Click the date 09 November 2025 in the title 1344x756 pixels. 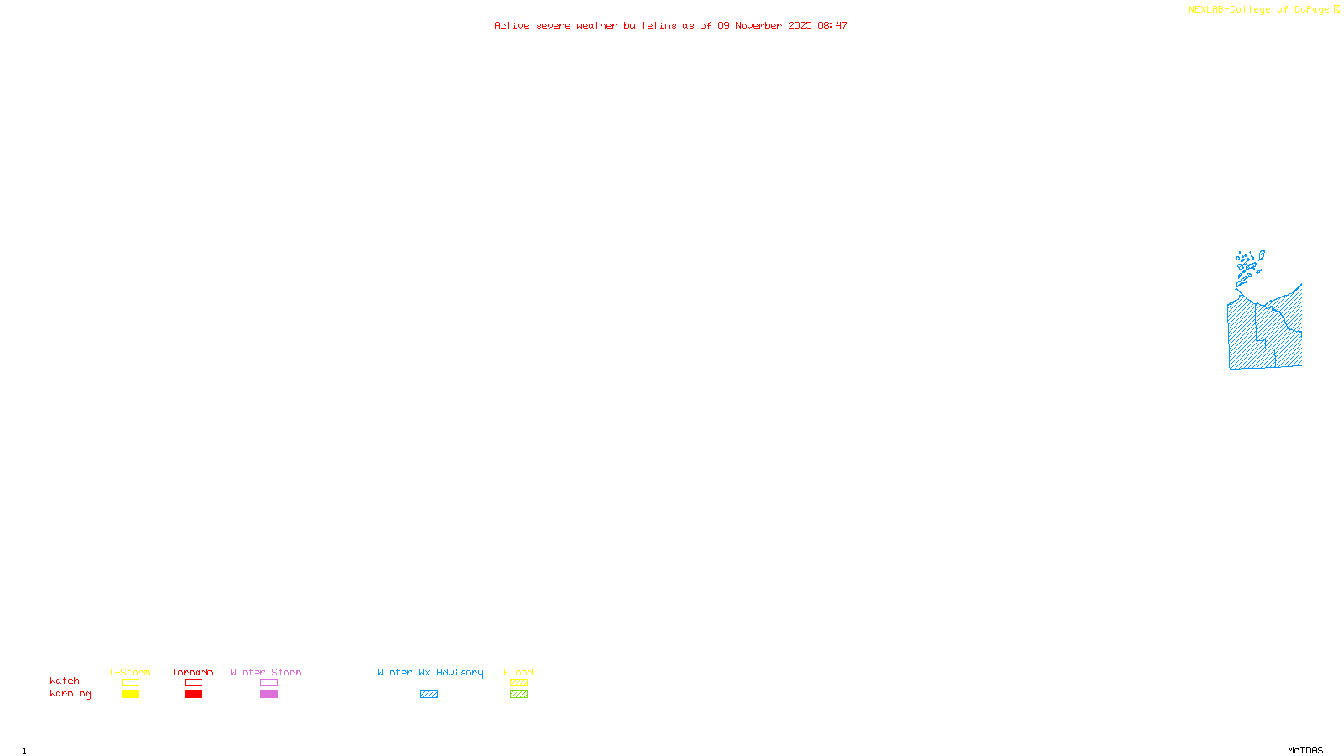pyautogui.click(x=764, y=26)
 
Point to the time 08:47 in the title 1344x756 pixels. pyautogui.click(x=832, y=26)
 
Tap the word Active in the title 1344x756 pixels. pyautogui.click(x=512, y=26)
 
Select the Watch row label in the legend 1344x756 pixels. pyautogui.click(x=65, y=681)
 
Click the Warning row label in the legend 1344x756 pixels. pyautogui.click(x=70, y=694)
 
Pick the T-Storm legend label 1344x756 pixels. pyautogui.click(x=129, y=672)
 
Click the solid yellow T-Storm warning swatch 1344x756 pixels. pyautogui.click(x=130, y=695)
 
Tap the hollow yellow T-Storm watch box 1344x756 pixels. pyautogui.click(x=130, y=683)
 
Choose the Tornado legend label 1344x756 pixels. pyautogui.click(x=192, y=672)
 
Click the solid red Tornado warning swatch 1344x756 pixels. pyautogui.click(x=193, y=695)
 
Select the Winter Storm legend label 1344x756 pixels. pyautogui.click(x=265, y=672)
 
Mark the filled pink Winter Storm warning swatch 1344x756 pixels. pyautogui.click(x=269, y=695)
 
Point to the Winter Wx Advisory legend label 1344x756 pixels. pyautogui.click(x=430, y=672)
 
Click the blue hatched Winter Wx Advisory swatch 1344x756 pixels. pyautogui.click(x=428, y=695)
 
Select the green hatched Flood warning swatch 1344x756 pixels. pyautogui.click(x=518, y=695)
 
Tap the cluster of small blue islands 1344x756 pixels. pyautogui.click(x=1248, y=262)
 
